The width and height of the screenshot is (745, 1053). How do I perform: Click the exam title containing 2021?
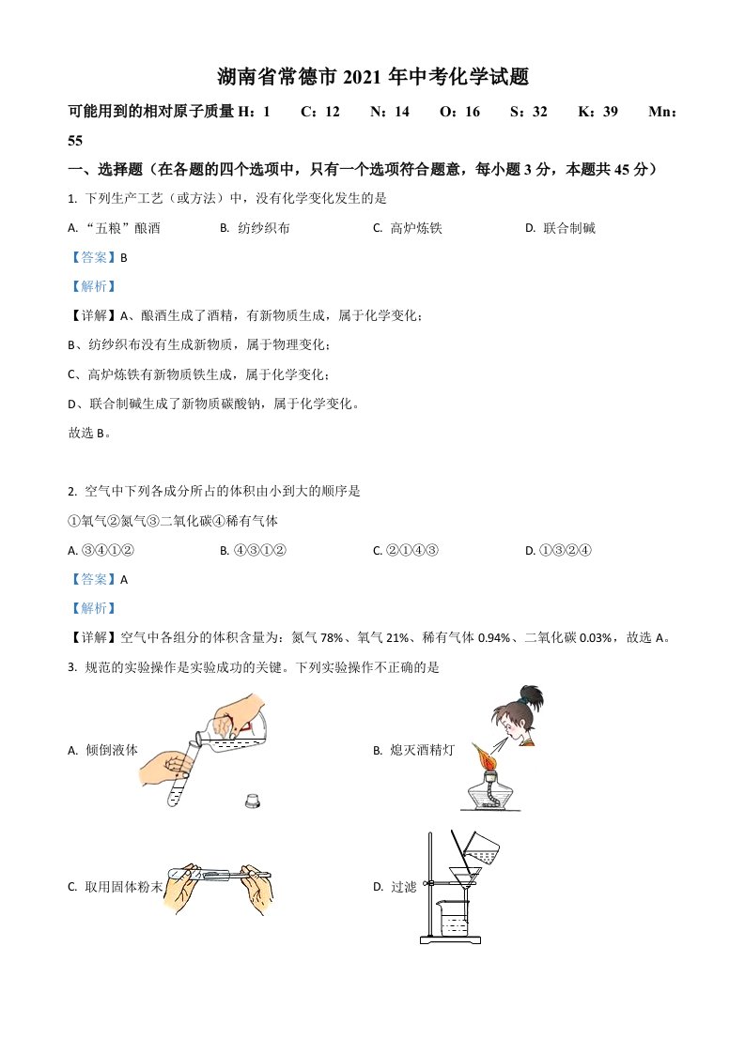click(373, 78)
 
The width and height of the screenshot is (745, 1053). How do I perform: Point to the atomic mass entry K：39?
click(598, 112)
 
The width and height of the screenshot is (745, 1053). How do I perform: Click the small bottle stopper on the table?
click(252, 801)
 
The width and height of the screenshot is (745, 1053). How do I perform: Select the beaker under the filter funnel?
click(456, 916)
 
